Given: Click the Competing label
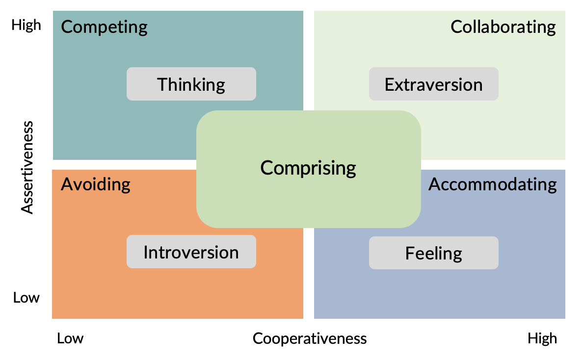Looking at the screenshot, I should (104, 26).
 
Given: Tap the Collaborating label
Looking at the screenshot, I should (503, 26).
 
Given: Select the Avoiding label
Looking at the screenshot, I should (96, 184).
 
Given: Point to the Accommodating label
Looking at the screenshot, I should (492, 184).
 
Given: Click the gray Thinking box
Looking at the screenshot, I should (191, 84).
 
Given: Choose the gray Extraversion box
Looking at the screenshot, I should (433, 84).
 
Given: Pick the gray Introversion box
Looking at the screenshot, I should (191, 252).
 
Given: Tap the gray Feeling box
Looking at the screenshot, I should (433, 253).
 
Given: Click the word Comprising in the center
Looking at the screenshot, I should (308, 168).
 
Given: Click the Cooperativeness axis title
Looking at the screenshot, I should (310, 338).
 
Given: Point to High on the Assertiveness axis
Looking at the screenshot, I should (27, 25).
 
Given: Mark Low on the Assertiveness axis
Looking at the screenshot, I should (27, 298).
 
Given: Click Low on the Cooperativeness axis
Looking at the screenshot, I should (70, 338).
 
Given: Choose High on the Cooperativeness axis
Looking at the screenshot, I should (542, 338).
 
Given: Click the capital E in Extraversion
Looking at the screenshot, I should (389, 84).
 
